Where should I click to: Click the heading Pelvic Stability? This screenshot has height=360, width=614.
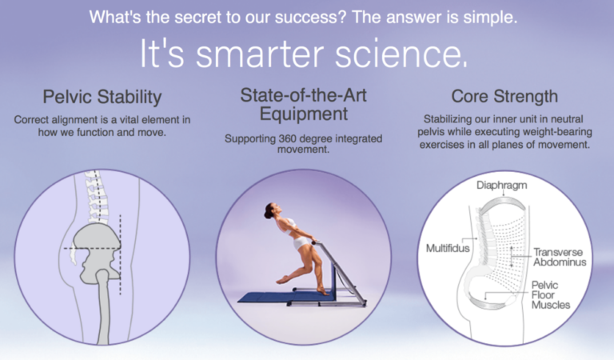pyautogui.click(x=102, y=98)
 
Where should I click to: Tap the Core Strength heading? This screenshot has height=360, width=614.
pyautogui.click(x=504, y=97)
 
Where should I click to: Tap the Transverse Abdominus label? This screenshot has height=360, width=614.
pyautogui.click(x=560, y=257)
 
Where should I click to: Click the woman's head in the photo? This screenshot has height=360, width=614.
pyautogui.click(x=270, y=211)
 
